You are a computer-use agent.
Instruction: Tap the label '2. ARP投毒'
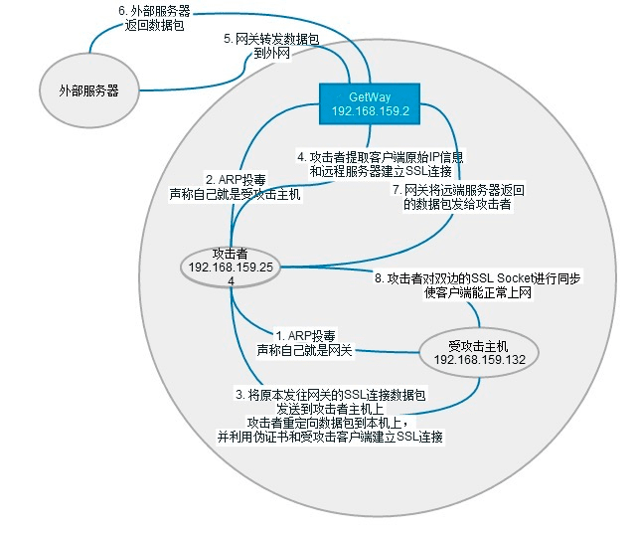[x=235, y=180]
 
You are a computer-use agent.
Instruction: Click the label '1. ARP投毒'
[x=307, y=335]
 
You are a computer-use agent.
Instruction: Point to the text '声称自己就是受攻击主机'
[x=235, y=195]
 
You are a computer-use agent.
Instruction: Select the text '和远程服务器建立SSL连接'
[x=383, y=171]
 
